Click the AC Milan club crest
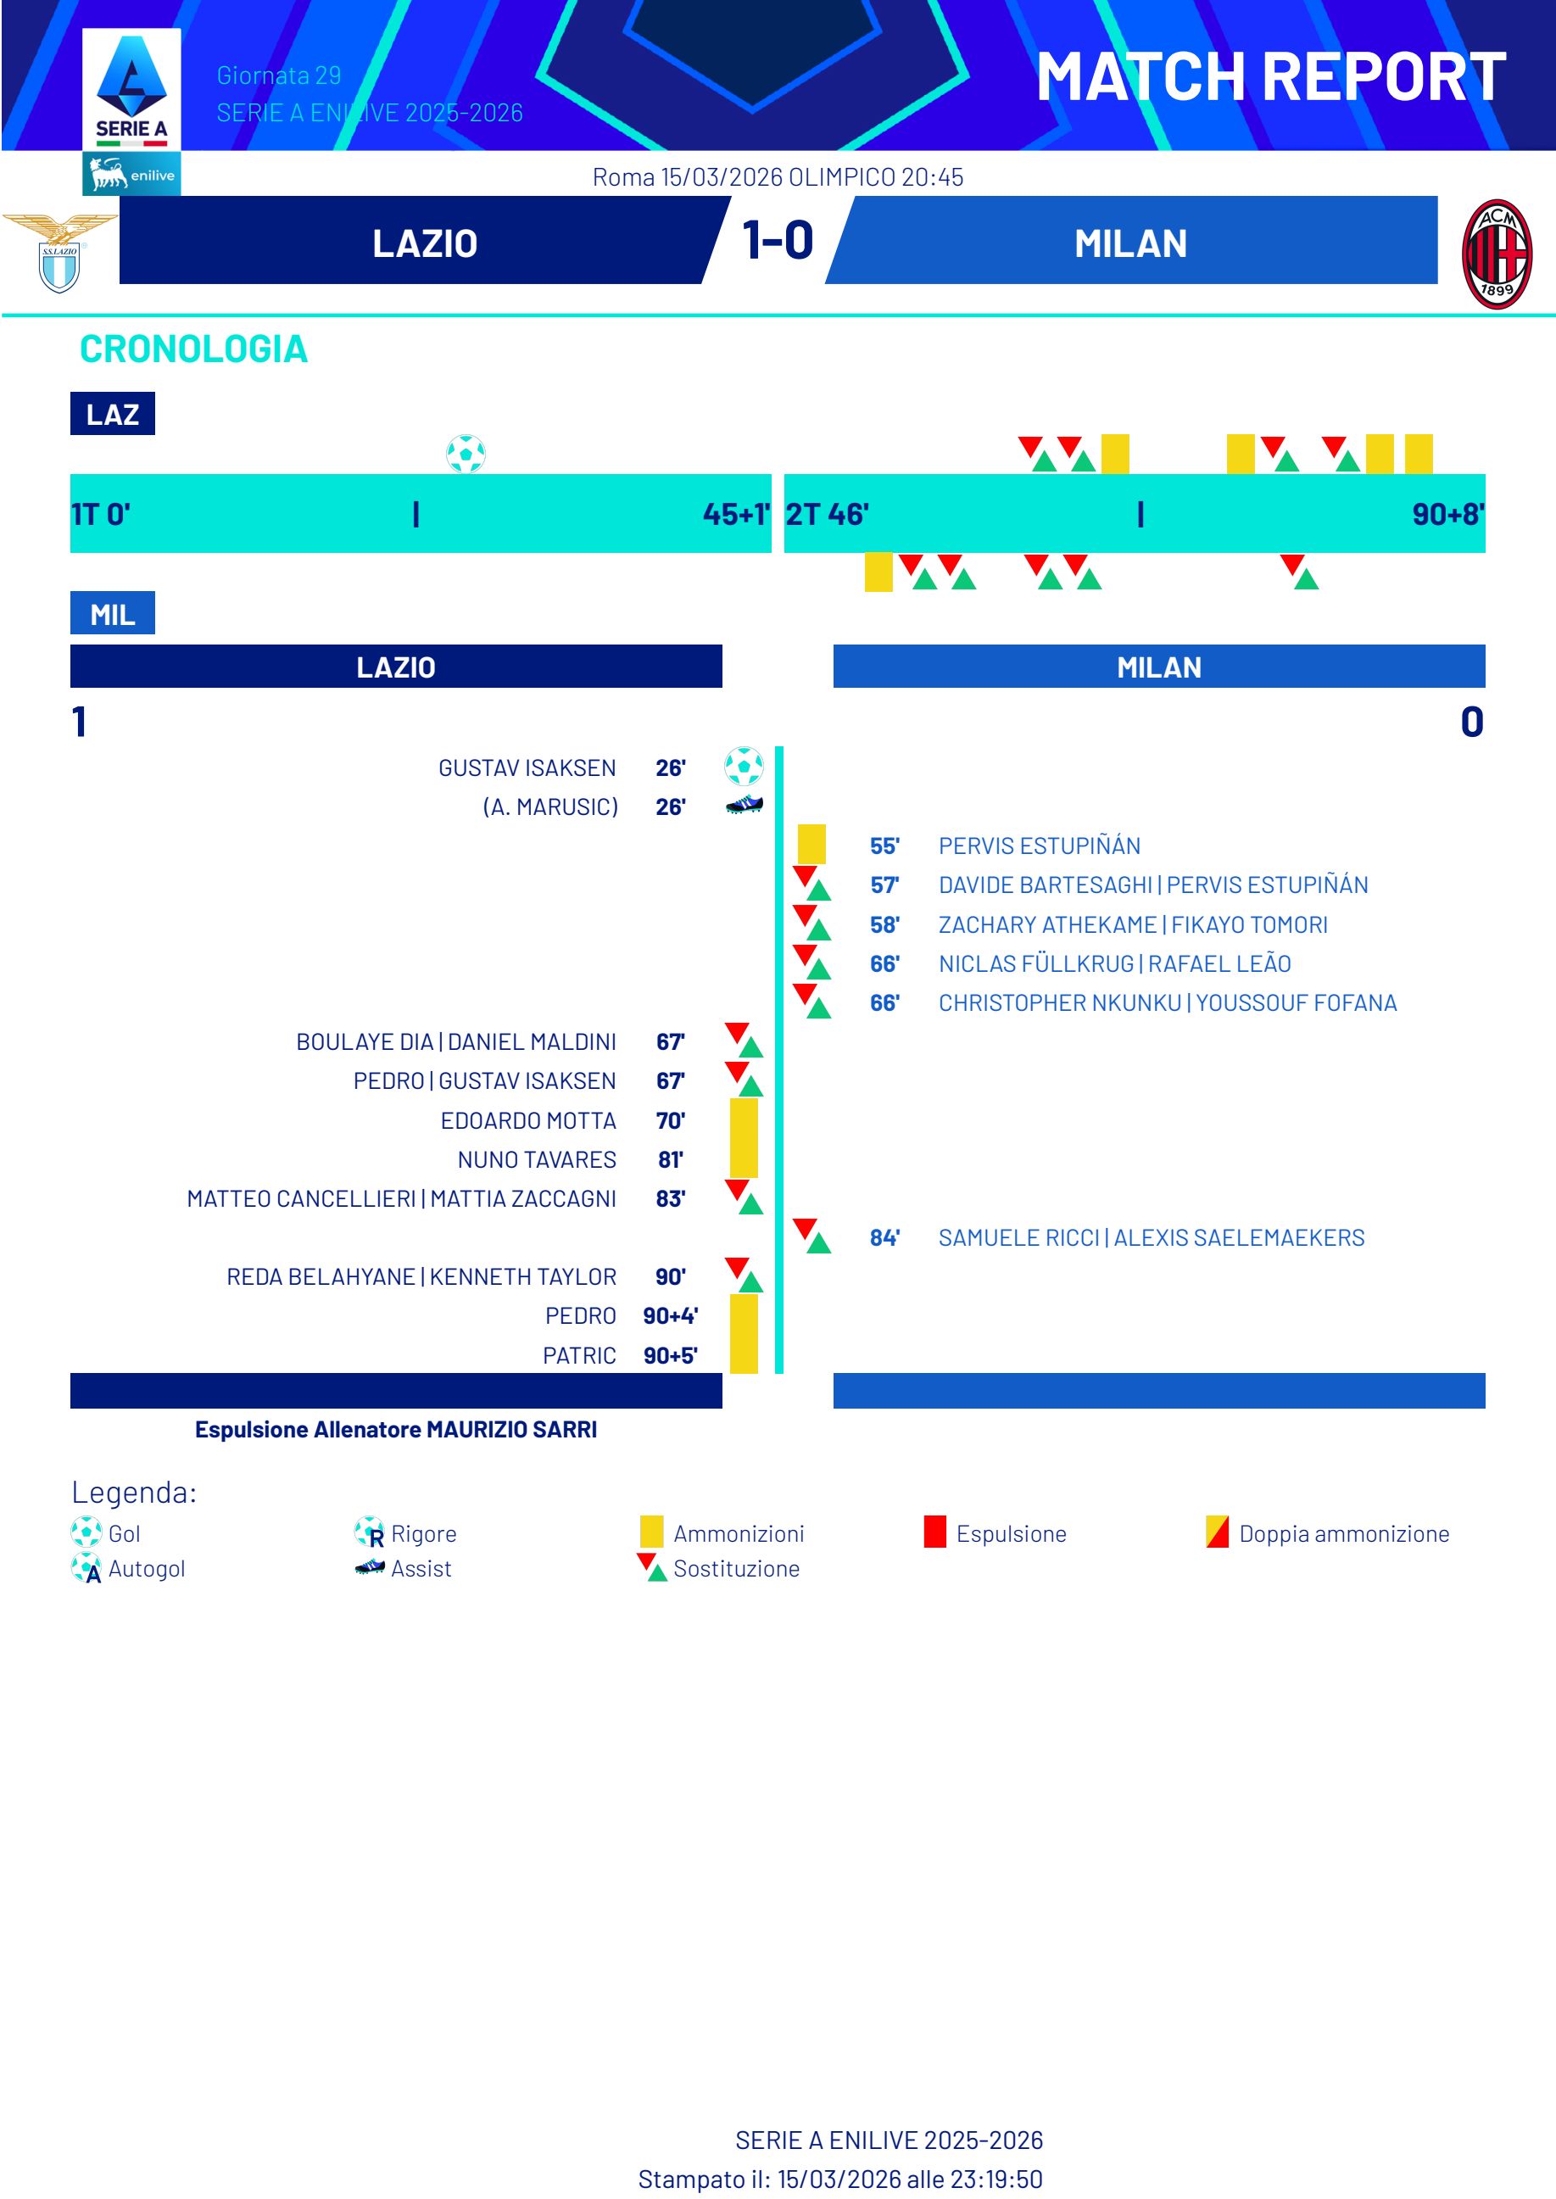(1497, 254)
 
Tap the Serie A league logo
(131, 91)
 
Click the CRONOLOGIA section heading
(193, 349)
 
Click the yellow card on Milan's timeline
(878, 572)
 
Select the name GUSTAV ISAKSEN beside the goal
(527, 767)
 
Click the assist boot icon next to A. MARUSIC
(745, 806)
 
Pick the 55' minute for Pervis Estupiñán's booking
(884, 846)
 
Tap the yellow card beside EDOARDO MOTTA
(744, 1119)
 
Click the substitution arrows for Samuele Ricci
(811, 1236)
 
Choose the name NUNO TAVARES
(537, 1159)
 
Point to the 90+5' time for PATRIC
(670, 1355)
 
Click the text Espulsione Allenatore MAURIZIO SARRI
(396, 1430)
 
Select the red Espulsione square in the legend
(935, 1532)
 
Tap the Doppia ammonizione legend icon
(1217, 1532)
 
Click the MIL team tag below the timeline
(112, 614)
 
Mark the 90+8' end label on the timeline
(1447, 515)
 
